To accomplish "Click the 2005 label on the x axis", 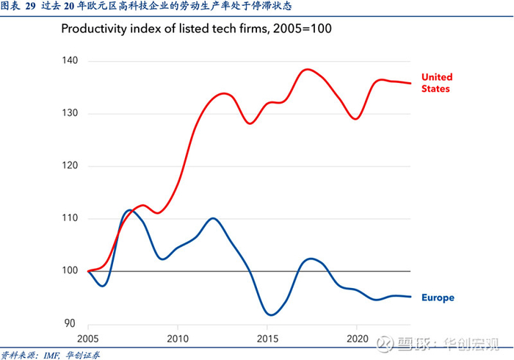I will click(x=88, y=339).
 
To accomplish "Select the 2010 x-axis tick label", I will click(x=178, y=339).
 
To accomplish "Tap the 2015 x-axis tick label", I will click(x=267, y=339).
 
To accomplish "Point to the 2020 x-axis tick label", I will click(x=357, y=339).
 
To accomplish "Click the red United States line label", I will click(x=437, y=82).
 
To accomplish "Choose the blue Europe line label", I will click(x=438, y=298).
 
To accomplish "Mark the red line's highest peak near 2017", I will click(x=306, y=69).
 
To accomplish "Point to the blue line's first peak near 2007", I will click(x=129, y=210).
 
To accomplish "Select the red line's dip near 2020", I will click(x=355, y=118).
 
